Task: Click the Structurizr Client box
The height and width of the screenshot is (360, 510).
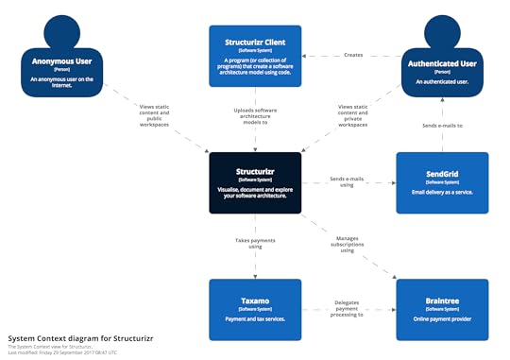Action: tap(255, 56)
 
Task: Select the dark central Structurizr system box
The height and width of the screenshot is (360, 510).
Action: tap(255, 181)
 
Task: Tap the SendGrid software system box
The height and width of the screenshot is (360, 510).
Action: tap(442, 181)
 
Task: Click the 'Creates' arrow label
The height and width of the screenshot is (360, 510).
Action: tap(352, 56)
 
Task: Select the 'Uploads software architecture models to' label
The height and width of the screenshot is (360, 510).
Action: tap(255, 115)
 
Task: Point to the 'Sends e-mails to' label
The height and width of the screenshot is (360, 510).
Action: tap(442, 124)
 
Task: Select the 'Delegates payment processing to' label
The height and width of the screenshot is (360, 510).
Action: tap(348, 308)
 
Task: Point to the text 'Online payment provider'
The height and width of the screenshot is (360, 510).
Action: tap(442, 319)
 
